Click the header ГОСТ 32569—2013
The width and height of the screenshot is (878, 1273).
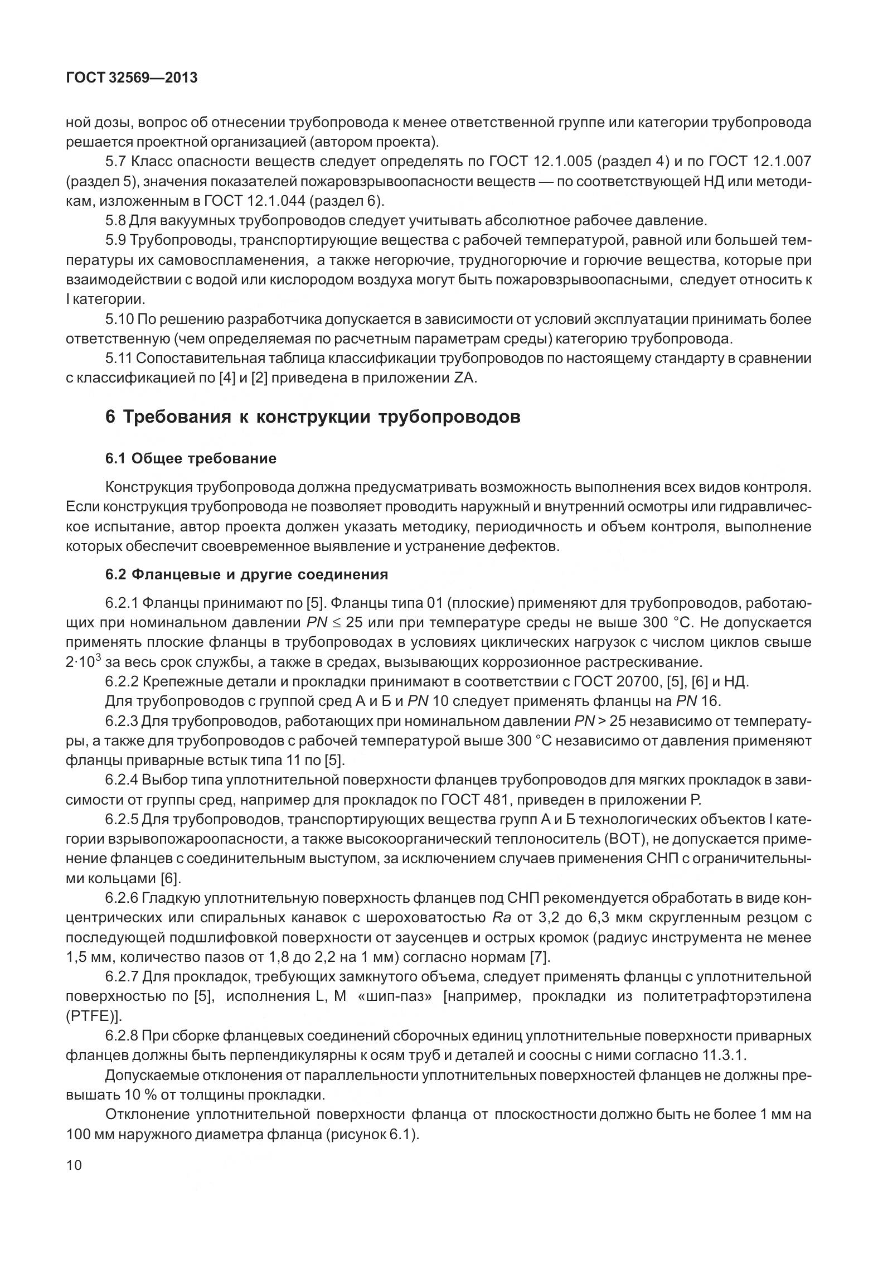coord(132,78)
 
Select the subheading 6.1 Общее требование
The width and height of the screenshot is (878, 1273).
coord(191,458)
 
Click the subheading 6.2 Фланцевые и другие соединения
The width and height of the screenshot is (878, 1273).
coord(246,574)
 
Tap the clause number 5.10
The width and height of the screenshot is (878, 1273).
coord(119,320)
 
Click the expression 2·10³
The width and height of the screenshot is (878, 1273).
coord(83,661)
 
